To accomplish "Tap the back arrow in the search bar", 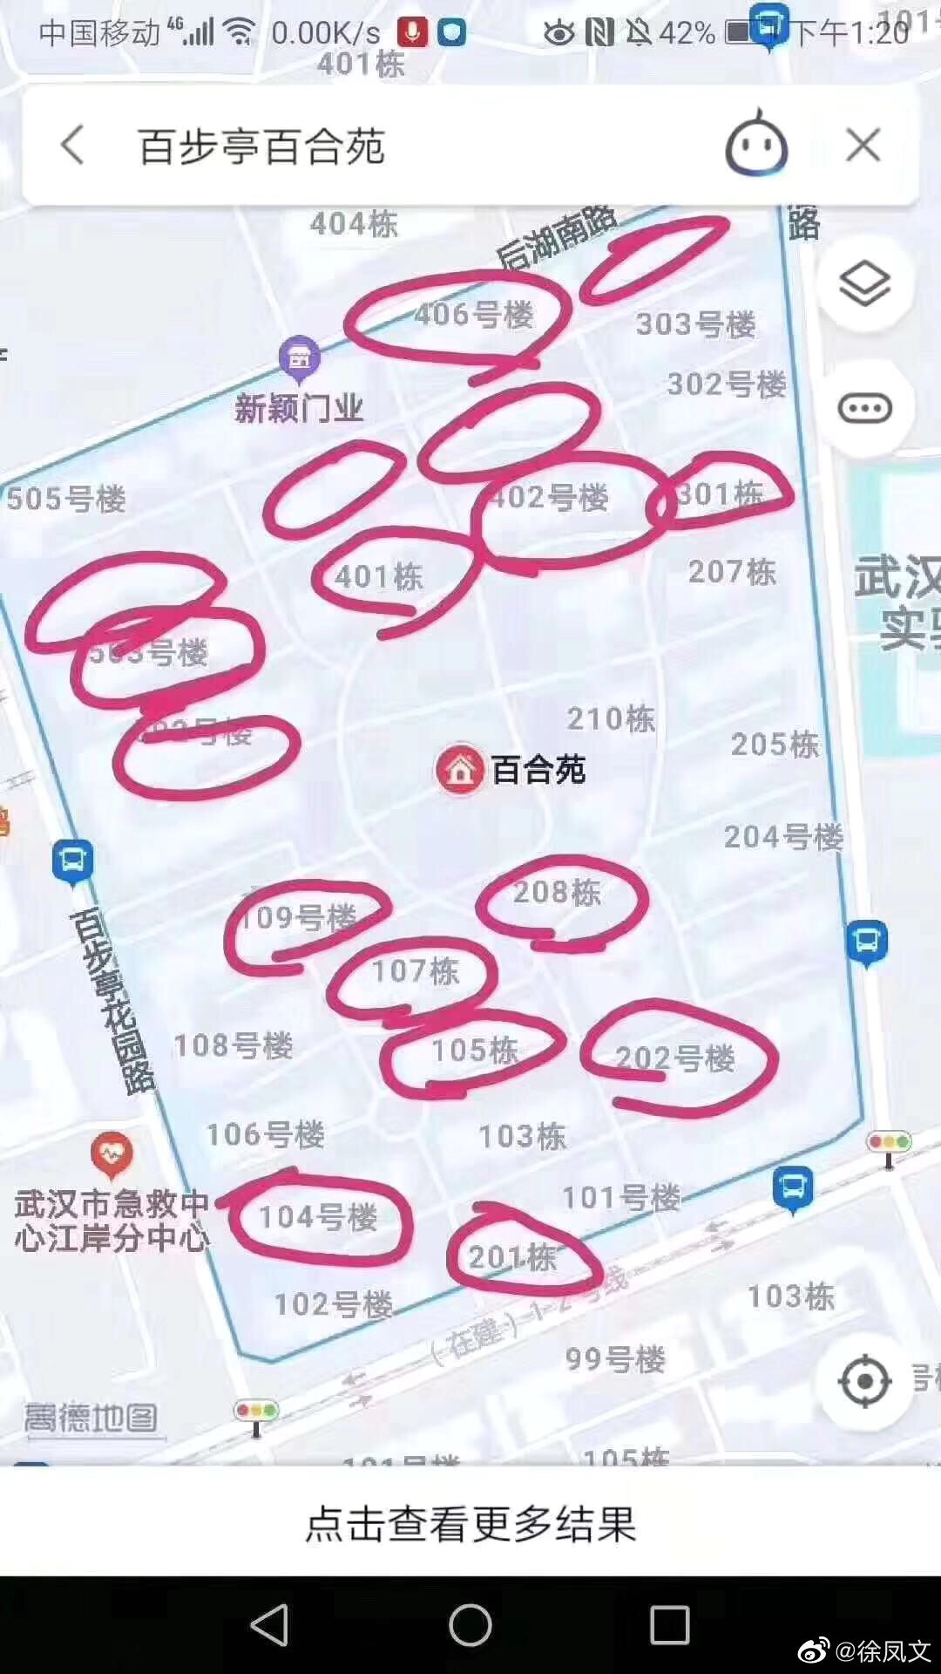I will point(73,145).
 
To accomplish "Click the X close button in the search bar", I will point(863,145).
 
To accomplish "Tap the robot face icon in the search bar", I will point(755,145).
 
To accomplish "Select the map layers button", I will point(864,283).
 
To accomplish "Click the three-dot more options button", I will point(864,408).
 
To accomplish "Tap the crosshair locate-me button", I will point(864,1381).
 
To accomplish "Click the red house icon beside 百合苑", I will point(460,770).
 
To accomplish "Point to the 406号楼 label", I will point(473,314).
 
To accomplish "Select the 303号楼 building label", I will point(695,324).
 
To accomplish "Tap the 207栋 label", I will point(732,572).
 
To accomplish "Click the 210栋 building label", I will point(611,718).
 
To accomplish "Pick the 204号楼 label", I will point(783,837).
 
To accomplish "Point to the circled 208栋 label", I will point(557,892).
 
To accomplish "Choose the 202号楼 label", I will point(675,1058).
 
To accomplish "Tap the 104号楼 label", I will point(318,1217).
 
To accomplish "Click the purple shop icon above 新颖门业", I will point(300,357).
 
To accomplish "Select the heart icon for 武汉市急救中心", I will point(112,1154).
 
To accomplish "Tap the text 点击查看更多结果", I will point(470,1523).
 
